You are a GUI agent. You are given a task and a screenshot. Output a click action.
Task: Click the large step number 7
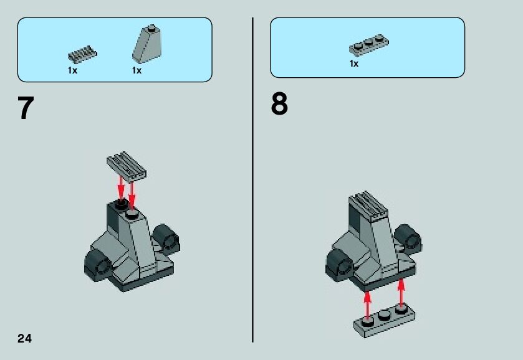click(25, 108)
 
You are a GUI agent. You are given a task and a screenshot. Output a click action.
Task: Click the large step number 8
click(279, 105)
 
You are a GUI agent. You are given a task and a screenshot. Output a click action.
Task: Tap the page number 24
click(24, 338)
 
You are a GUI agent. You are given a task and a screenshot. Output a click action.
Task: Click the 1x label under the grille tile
click(72, 70)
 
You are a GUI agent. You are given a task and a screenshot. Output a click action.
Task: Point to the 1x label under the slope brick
click(137, 70)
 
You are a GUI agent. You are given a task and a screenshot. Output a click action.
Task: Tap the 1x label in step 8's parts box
click(353, 64)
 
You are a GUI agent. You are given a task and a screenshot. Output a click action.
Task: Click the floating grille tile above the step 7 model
click(127, 164)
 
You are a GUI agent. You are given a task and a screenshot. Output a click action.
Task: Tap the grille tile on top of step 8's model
click(368, 207)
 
